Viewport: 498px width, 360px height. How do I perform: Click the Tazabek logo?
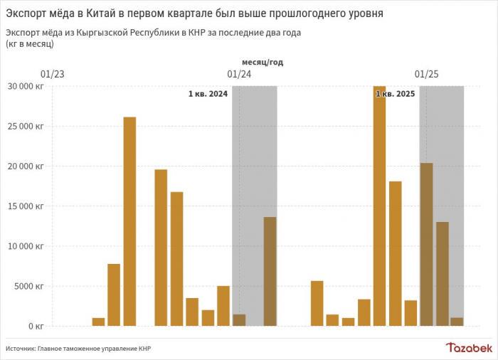coord(469,347)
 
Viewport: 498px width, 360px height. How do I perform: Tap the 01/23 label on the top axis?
coord(53,74)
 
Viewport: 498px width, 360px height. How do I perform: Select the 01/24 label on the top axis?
coord(239,74)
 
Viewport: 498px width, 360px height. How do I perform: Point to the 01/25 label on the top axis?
coord(426,74)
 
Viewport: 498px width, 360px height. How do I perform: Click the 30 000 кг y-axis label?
coord(26,86)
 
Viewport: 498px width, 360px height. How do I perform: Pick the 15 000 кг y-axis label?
coord(26,206)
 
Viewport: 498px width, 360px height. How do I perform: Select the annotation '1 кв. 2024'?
coord(208,94)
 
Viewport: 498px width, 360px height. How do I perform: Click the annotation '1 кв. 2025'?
coord(395,94)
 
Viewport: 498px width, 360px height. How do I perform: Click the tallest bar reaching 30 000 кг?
coord(379,206)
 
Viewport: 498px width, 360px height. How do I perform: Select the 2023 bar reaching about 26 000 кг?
coord(129,221)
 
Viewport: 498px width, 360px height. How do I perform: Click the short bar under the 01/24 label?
coord(239,319)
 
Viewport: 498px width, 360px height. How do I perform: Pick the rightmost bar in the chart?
coord(457,322)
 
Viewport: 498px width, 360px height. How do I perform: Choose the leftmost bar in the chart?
coord(98,322)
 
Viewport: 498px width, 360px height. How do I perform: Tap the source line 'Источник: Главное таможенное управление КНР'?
coord(78,349)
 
